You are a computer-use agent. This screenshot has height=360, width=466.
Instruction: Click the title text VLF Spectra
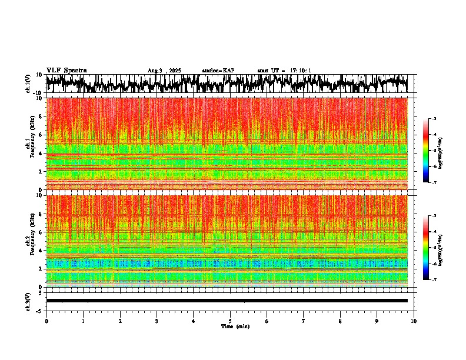[66, 70]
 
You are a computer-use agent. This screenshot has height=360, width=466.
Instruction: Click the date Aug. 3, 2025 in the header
[164, 71]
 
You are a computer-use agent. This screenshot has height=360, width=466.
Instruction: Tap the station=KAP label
[218, 71]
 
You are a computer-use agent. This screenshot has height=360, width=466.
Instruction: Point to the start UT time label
[284, 71]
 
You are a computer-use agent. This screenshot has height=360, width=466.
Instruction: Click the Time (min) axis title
[234, 326]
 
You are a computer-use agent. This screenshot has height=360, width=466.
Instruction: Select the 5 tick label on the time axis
[230, 321]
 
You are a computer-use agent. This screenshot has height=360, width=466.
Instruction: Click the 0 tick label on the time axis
[46, 321]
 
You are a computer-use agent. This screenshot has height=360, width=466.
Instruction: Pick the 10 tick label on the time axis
[414, 321]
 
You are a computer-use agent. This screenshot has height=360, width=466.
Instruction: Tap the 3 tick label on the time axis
[157, 321]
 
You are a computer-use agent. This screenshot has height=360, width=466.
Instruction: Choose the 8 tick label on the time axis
[341, 321]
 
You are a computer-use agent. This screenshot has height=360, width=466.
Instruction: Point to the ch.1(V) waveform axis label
[29, 84]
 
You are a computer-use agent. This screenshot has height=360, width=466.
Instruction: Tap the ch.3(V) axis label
[29, 301]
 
